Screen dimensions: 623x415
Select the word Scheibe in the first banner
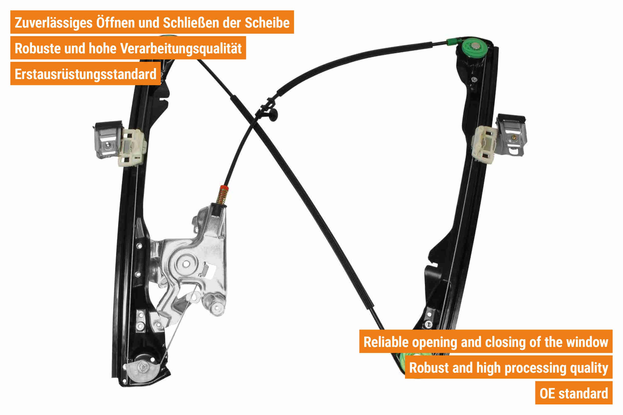coord(267,22)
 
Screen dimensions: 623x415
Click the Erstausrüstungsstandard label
coord(85,74)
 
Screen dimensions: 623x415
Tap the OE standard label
coord(574,393)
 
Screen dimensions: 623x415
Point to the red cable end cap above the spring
coord(224,188)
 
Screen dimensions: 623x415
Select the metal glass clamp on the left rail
coord(108,139)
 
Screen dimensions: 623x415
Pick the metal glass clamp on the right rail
coord(511,135)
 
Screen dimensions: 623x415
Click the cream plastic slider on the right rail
coord(484,144)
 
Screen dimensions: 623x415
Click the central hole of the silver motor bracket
coord(186,264)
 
